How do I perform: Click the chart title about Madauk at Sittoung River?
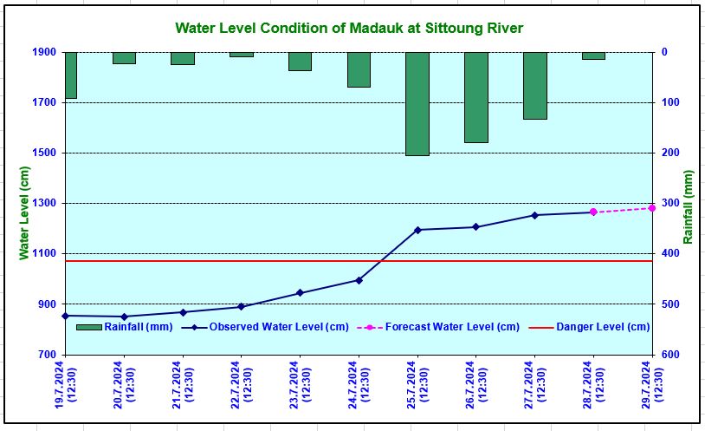point(349,28)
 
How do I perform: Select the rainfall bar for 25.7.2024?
point(417,103)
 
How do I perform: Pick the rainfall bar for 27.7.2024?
point(534,85)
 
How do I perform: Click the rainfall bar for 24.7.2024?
point(359,69)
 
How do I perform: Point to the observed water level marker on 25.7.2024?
point(417,230)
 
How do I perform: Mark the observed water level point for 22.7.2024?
point(241,306)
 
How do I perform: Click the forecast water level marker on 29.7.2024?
point(652,208)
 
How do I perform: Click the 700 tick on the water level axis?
point(46,355)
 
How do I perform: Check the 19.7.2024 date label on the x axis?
point(67,382)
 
